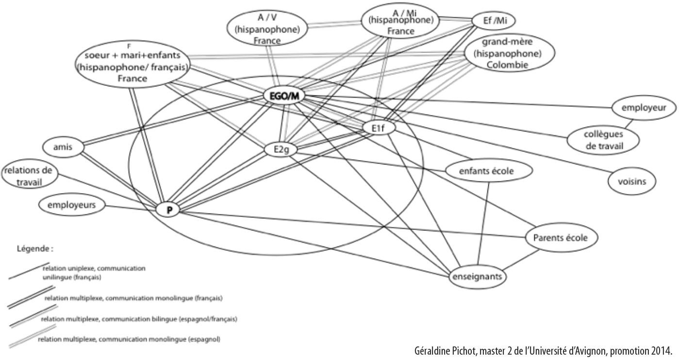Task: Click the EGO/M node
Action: (x=284, y=97)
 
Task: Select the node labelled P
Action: (x=169, y=210)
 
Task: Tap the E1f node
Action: (x=380, y=128)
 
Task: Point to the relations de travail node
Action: (x=30, y=176)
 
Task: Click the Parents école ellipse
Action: (x=560, y=238)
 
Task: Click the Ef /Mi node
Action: (x=493, y=20)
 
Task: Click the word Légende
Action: (x=34, y=249)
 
